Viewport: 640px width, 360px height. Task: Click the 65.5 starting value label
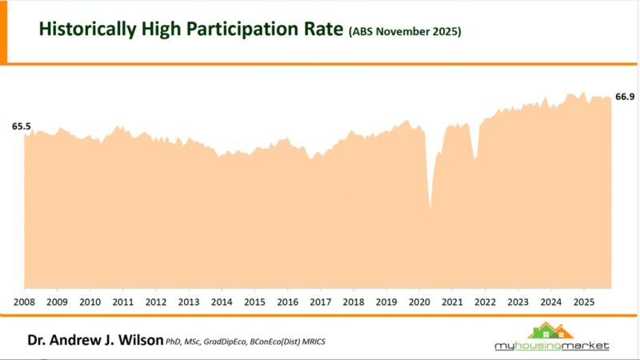(22, 126)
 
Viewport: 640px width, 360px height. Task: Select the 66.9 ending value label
(624, 97)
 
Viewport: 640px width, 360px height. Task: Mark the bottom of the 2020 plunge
(430, 210)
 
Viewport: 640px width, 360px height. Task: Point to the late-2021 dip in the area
(475, 158)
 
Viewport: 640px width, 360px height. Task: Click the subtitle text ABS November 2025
(405, 33)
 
